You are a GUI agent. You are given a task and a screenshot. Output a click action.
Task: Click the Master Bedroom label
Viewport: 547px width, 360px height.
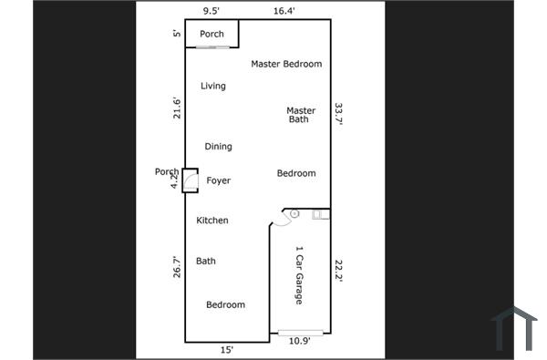286,64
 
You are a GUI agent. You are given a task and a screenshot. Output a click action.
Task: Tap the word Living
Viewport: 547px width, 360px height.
213,87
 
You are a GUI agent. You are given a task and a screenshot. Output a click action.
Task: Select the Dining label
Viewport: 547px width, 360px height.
218,147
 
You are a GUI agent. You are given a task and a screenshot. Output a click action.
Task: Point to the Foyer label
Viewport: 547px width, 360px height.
219,180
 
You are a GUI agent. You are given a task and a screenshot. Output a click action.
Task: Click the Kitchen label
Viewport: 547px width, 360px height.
212,221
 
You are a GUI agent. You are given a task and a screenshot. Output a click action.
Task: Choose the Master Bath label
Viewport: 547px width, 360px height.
300,115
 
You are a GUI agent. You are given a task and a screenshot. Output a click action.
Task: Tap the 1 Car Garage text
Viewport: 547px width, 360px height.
298,275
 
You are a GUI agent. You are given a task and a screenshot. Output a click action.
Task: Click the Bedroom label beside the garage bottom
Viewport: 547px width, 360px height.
225,304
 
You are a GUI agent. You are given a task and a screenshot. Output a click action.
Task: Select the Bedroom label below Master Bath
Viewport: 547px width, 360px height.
296,173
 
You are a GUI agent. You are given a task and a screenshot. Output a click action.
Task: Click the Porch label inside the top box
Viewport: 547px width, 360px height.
212,35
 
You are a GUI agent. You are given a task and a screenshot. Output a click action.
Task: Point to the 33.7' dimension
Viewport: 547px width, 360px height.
339,113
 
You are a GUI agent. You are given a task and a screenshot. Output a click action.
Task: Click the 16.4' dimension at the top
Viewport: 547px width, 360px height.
284,12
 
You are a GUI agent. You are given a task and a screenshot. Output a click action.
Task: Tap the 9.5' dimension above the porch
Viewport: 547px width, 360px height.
211,12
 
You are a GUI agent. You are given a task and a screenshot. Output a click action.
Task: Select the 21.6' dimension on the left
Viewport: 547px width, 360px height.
178,108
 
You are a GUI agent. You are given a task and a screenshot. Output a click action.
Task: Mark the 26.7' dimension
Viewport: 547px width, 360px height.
178,266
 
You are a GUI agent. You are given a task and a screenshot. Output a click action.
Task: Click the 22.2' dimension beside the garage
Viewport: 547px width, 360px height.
339,271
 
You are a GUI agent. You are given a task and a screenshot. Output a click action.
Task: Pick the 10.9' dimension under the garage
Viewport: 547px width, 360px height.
299,341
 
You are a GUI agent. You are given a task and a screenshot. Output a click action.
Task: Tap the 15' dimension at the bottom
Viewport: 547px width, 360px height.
226,349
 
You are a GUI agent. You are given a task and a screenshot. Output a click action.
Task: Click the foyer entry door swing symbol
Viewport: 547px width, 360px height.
191,182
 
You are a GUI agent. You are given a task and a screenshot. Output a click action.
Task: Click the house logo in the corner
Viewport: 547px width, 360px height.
514,328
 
